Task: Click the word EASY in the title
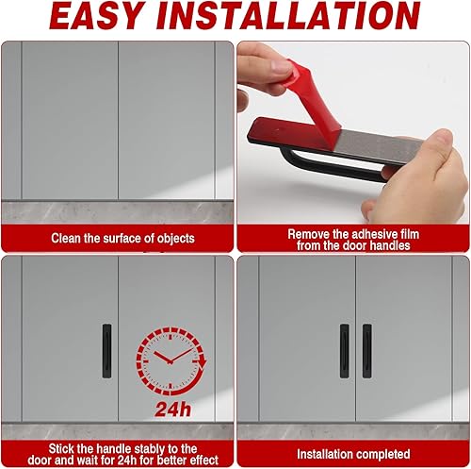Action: (95, 15)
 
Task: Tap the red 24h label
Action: (172, 410)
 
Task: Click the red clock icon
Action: (171, 361)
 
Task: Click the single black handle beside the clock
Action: (106, 351)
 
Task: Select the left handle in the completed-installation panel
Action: (345, 351)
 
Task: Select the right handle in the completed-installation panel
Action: (367, 351)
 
